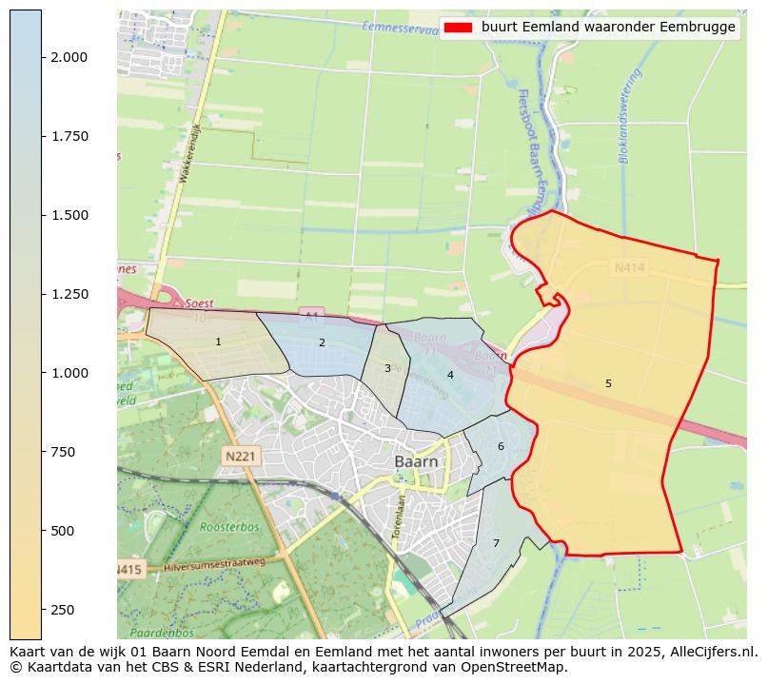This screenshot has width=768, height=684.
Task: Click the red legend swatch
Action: tap(458, 28)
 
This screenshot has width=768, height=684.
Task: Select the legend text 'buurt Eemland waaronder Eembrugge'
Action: tap(608, 28)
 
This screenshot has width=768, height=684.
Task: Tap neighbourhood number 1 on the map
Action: tap(218, 342)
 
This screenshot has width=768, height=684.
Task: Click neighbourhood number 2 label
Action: tap(322, 342)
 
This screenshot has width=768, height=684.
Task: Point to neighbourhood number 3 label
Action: tap(387, 368)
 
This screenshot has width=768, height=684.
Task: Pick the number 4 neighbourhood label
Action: tap(450, 375)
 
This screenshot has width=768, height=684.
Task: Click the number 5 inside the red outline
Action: tap(608, 383)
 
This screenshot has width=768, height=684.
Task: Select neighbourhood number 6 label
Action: tap(501, 446)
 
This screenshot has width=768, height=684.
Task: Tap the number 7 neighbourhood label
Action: tap(496, 543)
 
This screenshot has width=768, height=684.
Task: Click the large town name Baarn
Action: tap(417, 461)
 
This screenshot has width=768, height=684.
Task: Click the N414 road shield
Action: tap(629, 269)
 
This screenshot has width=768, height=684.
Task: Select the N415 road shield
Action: tap(128, 570)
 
